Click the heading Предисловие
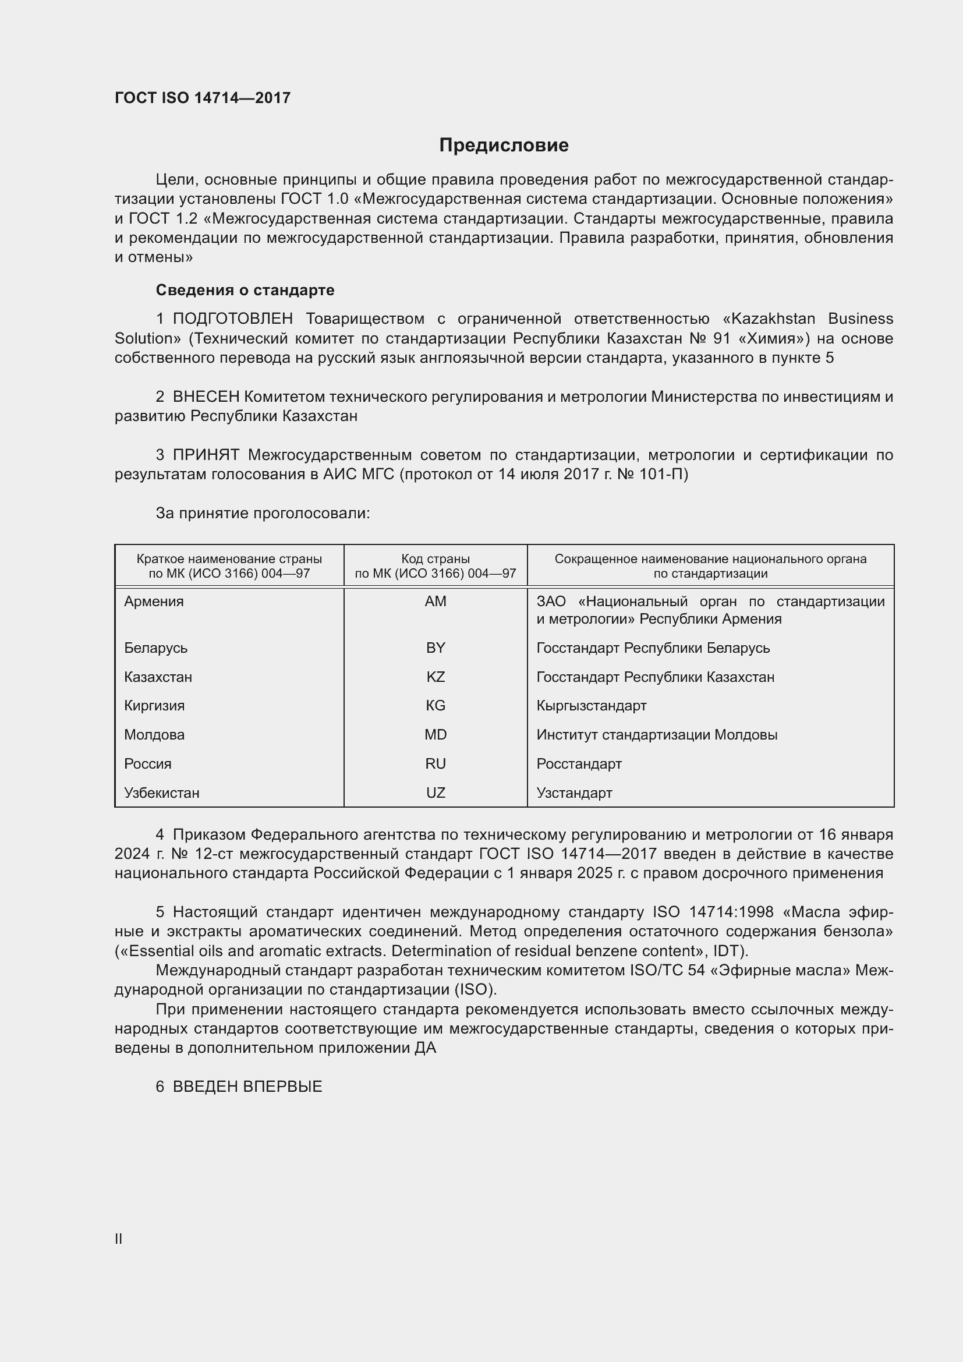point(504,146)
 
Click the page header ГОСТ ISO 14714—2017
point(203,98)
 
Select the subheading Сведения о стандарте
point(245,290)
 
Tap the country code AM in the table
point(436,602)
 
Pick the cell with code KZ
point(436,677)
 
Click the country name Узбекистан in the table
point(162,793)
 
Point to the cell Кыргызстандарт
point(591,706)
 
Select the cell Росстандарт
point(579,764)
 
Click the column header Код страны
point(436,559)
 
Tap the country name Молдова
point(154,735)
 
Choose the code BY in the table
point(436,648)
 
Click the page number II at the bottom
point(119,1239)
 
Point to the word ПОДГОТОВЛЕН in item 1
point(232,319)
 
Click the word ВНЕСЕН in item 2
point(206,397)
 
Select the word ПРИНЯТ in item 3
point(206,455)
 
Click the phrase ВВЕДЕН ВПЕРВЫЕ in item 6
point(247,1087)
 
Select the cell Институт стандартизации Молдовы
point(656,735)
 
